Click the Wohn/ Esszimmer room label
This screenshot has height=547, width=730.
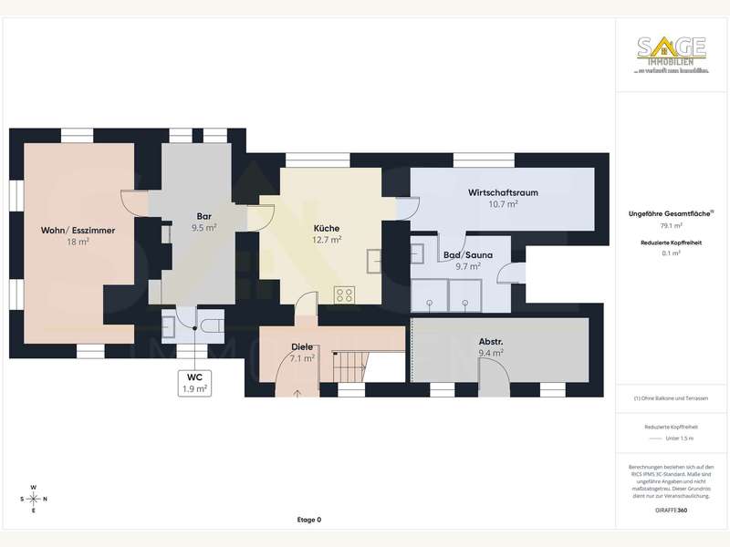(78, 231)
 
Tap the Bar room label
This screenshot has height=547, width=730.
(204, 216)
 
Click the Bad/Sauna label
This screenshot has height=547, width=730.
(467, 255)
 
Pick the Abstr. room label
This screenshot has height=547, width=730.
(491, 343)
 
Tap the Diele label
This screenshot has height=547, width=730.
(302, 346)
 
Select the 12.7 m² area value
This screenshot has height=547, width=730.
(327, 240)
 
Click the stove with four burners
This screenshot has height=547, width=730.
(345, 294)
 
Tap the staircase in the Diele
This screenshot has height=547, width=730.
(349, 367)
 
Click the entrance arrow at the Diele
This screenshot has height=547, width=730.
(302, 392)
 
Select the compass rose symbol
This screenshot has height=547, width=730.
(34, 498)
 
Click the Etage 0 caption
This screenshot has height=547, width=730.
(308, 520)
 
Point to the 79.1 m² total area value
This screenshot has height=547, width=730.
(672, 225)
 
